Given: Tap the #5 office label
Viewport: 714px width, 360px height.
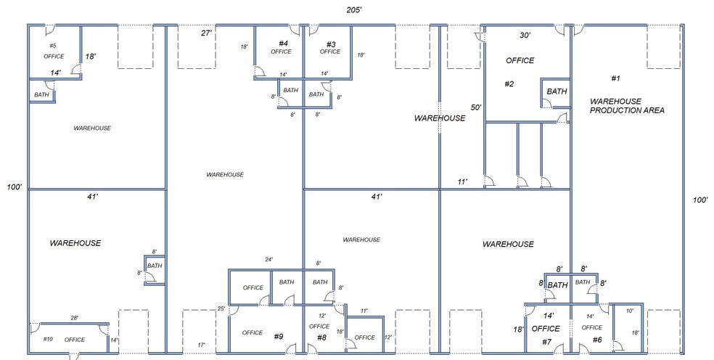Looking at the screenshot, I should click(x=53, y=46).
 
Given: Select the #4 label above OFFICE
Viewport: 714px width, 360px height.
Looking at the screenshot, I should click(x=283, y=44).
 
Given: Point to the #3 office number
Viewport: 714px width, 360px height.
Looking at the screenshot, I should click(x=330, y=44).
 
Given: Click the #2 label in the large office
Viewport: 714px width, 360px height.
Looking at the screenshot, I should click(x=509, y=84).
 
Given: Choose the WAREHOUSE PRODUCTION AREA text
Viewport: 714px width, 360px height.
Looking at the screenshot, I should click(x=627, y=105).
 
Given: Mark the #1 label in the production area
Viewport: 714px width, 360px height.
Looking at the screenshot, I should click(x=615, y=78).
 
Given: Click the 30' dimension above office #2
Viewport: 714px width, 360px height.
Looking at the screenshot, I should click(x=525, y=35).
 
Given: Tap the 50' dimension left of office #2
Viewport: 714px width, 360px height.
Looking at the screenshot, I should click(x=476, y=107).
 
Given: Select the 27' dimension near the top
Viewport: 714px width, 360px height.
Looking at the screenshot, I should click(x=206, y=33).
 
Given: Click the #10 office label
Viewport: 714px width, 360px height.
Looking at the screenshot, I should click(x=48, y=339).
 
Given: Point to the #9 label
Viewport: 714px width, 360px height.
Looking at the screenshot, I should click(x=279, y=336).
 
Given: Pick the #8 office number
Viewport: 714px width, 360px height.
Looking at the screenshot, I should click(x=321, y=337).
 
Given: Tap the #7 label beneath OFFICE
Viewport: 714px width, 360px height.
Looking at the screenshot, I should click(x=546, y=341).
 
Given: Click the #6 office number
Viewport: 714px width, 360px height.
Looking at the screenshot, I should click(x=596, y=340).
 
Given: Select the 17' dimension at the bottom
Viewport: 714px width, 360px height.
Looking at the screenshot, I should click(x=201, y=345).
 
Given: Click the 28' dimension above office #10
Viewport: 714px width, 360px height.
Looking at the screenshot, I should click(x=75, y=318).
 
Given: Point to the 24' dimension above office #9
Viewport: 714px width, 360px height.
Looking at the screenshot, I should click(x=268, y=260).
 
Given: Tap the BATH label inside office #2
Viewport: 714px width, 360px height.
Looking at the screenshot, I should click(x=557, y=91).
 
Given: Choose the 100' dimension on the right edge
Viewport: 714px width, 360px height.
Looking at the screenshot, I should click(x=699, y=200).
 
